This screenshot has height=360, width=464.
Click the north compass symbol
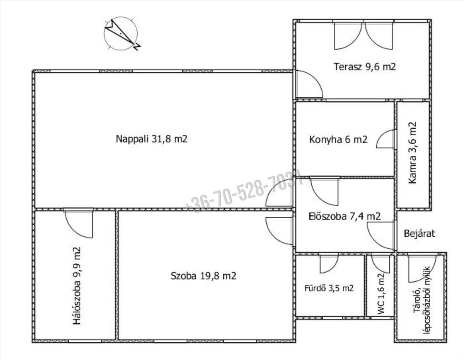click(121, 34)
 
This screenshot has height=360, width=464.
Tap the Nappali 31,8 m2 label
click(152, 139)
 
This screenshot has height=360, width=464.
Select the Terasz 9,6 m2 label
click(365, 67)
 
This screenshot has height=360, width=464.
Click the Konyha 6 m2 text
click(338, 140)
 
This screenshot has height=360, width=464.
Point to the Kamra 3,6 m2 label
click(412, 153)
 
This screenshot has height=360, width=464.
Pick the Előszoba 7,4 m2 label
click(345, 216)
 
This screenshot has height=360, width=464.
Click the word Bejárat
click(420, 234)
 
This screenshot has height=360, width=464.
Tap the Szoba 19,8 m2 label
click(203, 276)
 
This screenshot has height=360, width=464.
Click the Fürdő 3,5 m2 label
click(329, 288)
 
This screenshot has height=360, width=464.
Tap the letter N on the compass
click(136, 47)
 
